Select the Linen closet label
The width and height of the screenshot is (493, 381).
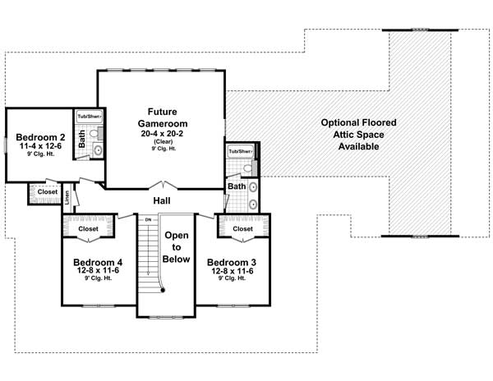click(x=67, y=197)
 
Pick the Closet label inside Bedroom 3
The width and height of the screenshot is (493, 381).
click(x=242, y=229)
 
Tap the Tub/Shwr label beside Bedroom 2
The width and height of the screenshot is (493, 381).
click(x=89, y=117)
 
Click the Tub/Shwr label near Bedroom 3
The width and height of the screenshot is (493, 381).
click(x=241, y=152)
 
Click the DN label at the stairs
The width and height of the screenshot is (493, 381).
click(x=149, y=219)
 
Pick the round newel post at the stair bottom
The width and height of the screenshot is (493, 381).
click(x=163, y=288)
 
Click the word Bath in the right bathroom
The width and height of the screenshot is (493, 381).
click(x=237, y=186)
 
